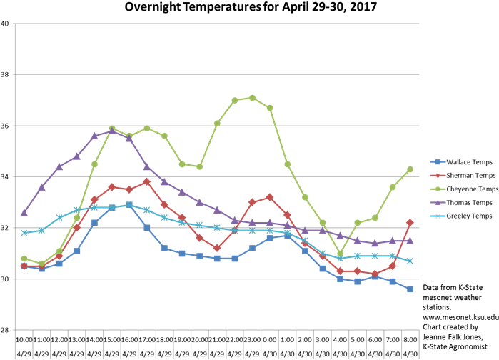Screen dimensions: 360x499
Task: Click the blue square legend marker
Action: pyautogui.click(x=438, y=162)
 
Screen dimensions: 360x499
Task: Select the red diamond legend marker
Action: pyautogui.click(x=438, y=175)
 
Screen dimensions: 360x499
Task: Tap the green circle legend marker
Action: pyautogui.click(x=438, y=189)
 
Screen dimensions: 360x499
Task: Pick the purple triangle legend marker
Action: pyautogui.click(x=438, y=202)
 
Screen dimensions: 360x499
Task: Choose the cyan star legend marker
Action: pyautogui.click(x=438, y=216)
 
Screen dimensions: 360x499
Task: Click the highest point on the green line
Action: pyautogui.click(x=252, y=97)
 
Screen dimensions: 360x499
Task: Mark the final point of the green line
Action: pyautogui.click(x=410, y=169)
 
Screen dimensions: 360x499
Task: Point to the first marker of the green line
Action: pyautogui.click(x=24, y=259)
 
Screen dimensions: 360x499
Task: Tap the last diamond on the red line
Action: pyautogui.click(x=410, y=223)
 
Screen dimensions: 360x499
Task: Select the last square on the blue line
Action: pyautogui.click(x=410, y=289)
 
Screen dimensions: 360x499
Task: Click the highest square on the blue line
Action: pyautogui.click(x=129, y=205)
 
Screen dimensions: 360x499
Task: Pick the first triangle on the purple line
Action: pyautogui.click(x=24, y=212)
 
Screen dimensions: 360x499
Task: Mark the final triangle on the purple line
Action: pyautogui.click(x=410, y=240)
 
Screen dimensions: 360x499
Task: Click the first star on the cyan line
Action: pyautogui.click(x=24, y=233)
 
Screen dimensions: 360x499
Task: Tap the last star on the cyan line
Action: pyautogui.click(x=410, y=261)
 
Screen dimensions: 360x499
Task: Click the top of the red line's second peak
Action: pyautogui.click(x=269, y=197)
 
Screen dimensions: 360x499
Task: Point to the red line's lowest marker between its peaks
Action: pyautogui.click(x=217, y=248)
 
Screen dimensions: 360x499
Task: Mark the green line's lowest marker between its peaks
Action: pyautogui.click(x=199, y=166)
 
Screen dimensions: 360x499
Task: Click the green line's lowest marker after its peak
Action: pyautogui.click(x=340, y=254)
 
